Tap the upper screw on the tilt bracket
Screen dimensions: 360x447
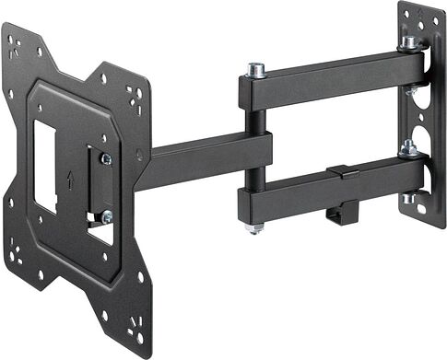106,159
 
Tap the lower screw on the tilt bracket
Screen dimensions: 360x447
107,216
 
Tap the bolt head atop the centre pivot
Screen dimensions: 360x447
255,68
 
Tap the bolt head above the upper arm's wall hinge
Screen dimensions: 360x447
408,42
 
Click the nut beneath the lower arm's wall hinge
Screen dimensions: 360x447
408,198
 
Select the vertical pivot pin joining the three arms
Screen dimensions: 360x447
255,147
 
